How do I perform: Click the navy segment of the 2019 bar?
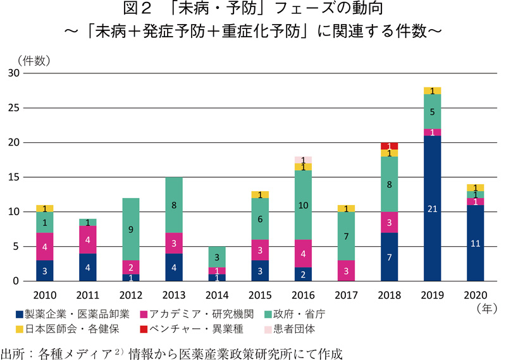coord(433,208)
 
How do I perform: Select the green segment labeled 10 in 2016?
coord(303,205)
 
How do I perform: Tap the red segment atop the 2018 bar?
coord(390,146)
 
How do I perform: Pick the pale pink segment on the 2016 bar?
coord(303,160)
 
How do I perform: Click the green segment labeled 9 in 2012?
coord(130,229)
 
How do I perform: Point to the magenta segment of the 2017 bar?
coord(346,271)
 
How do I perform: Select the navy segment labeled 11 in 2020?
coord(476,243)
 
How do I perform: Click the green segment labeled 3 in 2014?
coord(216,257)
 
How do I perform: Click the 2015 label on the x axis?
coord(259,295)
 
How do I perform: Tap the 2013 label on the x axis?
coord(173,295)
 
